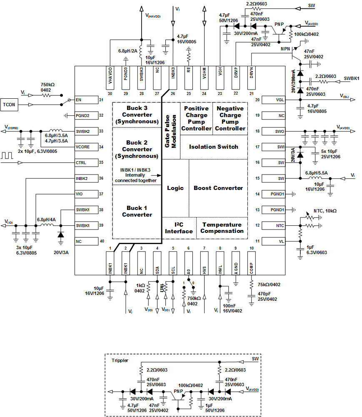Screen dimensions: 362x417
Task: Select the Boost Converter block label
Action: (x=218, y=188)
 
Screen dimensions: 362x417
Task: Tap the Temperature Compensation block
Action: (x=222, y=228)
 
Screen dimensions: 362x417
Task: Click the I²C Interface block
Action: (x=179, y=228)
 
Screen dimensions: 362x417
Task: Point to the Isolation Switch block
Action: (x=214, y=147)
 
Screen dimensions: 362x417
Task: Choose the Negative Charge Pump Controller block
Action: (x=230, y=118)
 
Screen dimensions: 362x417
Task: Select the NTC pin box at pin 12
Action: (x=271, y=225)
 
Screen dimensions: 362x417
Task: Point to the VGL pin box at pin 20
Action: (x=271, y=100)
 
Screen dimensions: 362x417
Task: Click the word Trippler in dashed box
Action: (x=120, y=360)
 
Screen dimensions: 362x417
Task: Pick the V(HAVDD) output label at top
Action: (x=153, y=16)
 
